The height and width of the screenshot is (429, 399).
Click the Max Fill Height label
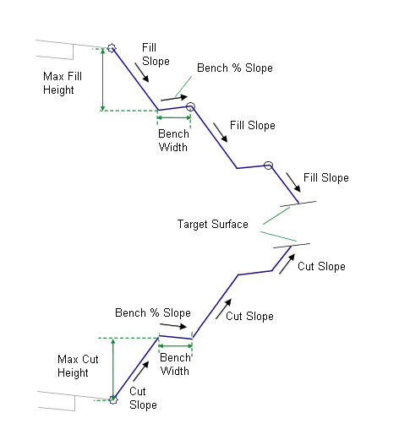pyautogui.click(x=63, y=83)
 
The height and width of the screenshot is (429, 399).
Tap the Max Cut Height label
pyautogui.click(x=78, y=366)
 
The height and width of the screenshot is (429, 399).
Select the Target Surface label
pyautogui.click(x=213, y=225)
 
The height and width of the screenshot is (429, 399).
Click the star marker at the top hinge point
pyautogui.click(x=112, y=48)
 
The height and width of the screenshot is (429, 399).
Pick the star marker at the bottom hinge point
pyautogui.click(x=113, y=399)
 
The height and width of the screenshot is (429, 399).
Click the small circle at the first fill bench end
pyautogui.click(x=190, y=106)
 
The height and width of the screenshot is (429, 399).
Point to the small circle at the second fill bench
pyautogui.click(x=268, y=166)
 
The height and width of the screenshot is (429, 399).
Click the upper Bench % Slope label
pyautogui.click(x=235, y=68)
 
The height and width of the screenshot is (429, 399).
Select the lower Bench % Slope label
pyautogui.click(x=153, y=313)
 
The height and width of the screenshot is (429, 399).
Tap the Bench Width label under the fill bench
pyautogui.click(x=173, y=140)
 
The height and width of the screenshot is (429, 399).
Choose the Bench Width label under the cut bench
pyautogui.click(x=175, y=364)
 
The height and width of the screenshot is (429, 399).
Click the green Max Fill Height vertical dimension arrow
pyautogui.click(x=103, y=79)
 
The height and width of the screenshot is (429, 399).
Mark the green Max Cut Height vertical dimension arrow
pyautogui.click(x=113, y=369)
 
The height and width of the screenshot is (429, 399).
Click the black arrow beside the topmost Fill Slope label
pyautogui.click(x=142, y=73)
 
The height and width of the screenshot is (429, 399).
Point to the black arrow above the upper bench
pyautogui.click(x=174, y=98)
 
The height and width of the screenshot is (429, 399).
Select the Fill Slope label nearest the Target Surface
pyautogui.click(x=326, y=178)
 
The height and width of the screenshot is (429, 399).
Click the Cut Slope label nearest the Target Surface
pyautogui.click(x=321, y=267)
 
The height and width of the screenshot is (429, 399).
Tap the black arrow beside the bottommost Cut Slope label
pyautogui.click(x=141, y=371)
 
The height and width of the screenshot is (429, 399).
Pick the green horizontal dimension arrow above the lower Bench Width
pyautogui.click(x=175, y=346)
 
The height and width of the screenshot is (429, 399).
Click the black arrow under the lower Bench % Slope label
pyautogui.click(x=173, y=326)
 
